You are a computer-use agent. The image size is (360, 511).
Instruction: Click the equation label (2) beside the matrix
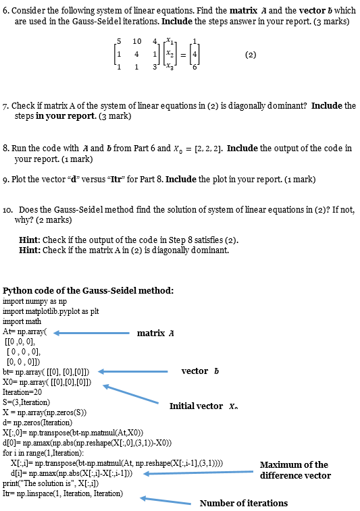click(x=251, y=55)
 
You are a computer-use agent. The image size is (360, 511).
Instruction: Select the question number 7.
click(x=7, y=106)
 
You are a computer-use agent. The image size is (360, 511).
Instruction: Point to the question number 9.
click(x=6, y=180)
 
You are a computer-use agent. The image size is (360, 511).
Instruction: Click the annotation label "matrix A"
click(x=156, y=333)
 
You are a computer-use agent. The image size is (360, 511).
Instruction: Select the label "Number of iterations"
click(x=243, y=503)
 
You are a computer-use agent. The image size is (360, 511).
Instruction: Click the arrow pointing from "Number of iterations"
click(x=165, y=500)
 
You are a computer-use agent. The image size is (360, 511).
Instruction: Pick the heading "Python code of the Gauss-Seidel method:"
click(x=88, y=291)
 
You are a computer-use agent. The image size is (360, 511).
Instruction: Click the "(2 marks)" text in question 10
click(x=333, y=210)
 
